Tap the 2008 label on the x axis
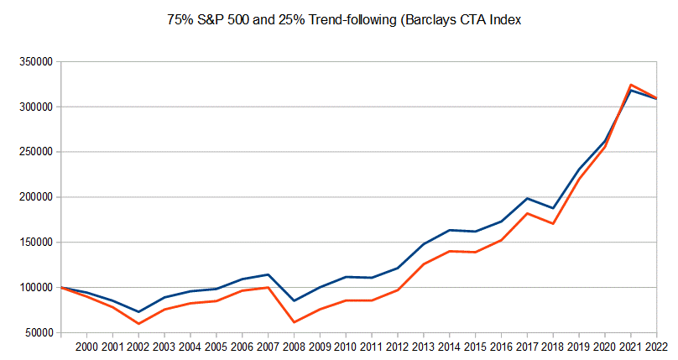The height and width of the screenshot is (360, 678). [x=294, y=346]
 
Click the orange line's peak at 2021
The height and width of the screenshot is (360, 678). [x=630, y=85]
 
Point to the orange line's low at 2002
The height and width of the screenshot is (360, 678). [x=139, y=324]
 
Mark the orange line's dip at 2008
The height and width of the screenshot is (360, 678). [x=294, y=322]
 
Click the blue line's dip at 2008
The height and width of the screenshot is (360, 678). [x=294, y=300]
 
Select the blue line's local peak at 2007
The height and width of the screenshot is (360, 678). [x=268, y=274]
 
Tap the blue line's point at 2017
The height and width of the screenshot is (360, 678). [x=526, y=198]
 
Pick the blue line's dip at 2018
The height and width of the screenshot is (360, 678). [x=552, y=208]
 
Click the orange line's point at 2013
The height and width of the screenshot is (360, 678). [x=423, y=264]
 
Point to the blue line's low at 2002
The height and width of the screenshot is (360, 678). [x=139, y=312]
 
